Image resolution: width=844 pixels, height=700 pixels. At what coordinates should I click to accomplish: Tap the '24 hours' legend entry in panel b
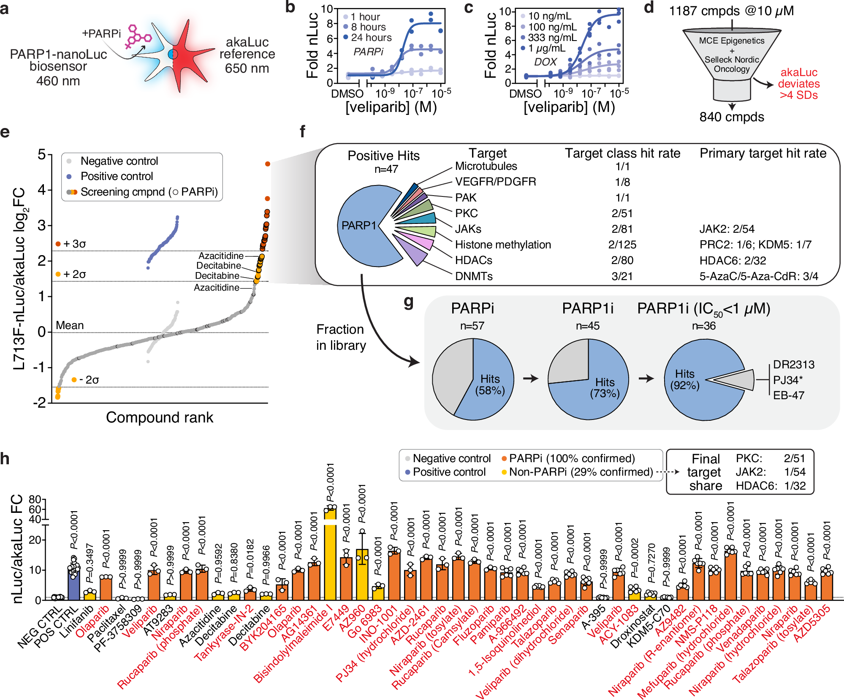tap(371, 38)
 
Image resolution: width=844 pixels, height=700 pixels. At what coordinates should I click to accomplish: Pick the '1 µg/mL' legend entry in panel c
tap(546, 48)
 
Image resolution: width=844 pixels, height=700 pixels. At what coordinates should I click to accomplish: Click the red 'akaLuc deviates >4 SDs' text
tap(798, 84)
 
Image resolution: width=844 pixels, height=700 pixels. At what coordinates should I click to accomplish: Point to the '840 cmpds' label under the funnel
tap(732, 117)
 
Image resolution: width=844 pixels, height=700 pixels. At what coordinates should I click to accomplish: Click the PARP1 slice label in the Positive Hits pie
tap(358, 226)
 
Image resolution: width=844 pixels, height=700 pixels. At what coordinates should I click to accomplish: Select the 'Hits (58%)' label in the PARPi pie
tap(490, 384)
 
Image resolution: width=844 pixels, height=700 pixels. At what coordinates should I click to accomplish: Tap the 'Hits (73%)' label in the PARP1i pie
tap(605, 388)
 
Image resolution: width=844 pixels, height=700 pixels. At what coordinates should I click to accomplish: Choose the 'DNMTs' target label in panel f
tap(474, 276)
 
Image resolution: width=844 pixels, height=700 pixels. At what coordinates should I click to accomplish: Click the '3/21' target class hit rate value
tap(622, 276)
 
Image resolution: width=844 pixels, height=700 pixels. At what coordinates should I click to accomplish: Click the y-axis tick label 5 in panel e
tap(42, 155)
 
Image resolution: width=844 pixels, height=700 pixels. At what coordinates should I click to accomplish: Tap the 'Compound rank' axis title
tap(160, 417)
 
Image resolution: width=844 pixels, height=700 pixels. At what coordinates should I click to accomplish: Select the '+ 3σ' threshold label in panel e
tap(74, 244)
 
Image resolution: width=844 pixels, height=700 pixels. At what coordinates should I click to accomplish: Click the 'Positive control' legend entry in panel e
tap(117, 176)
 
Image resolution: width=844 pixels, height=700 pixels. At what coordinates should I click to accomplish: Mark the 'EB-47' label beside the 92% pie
tap(789, 395)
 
